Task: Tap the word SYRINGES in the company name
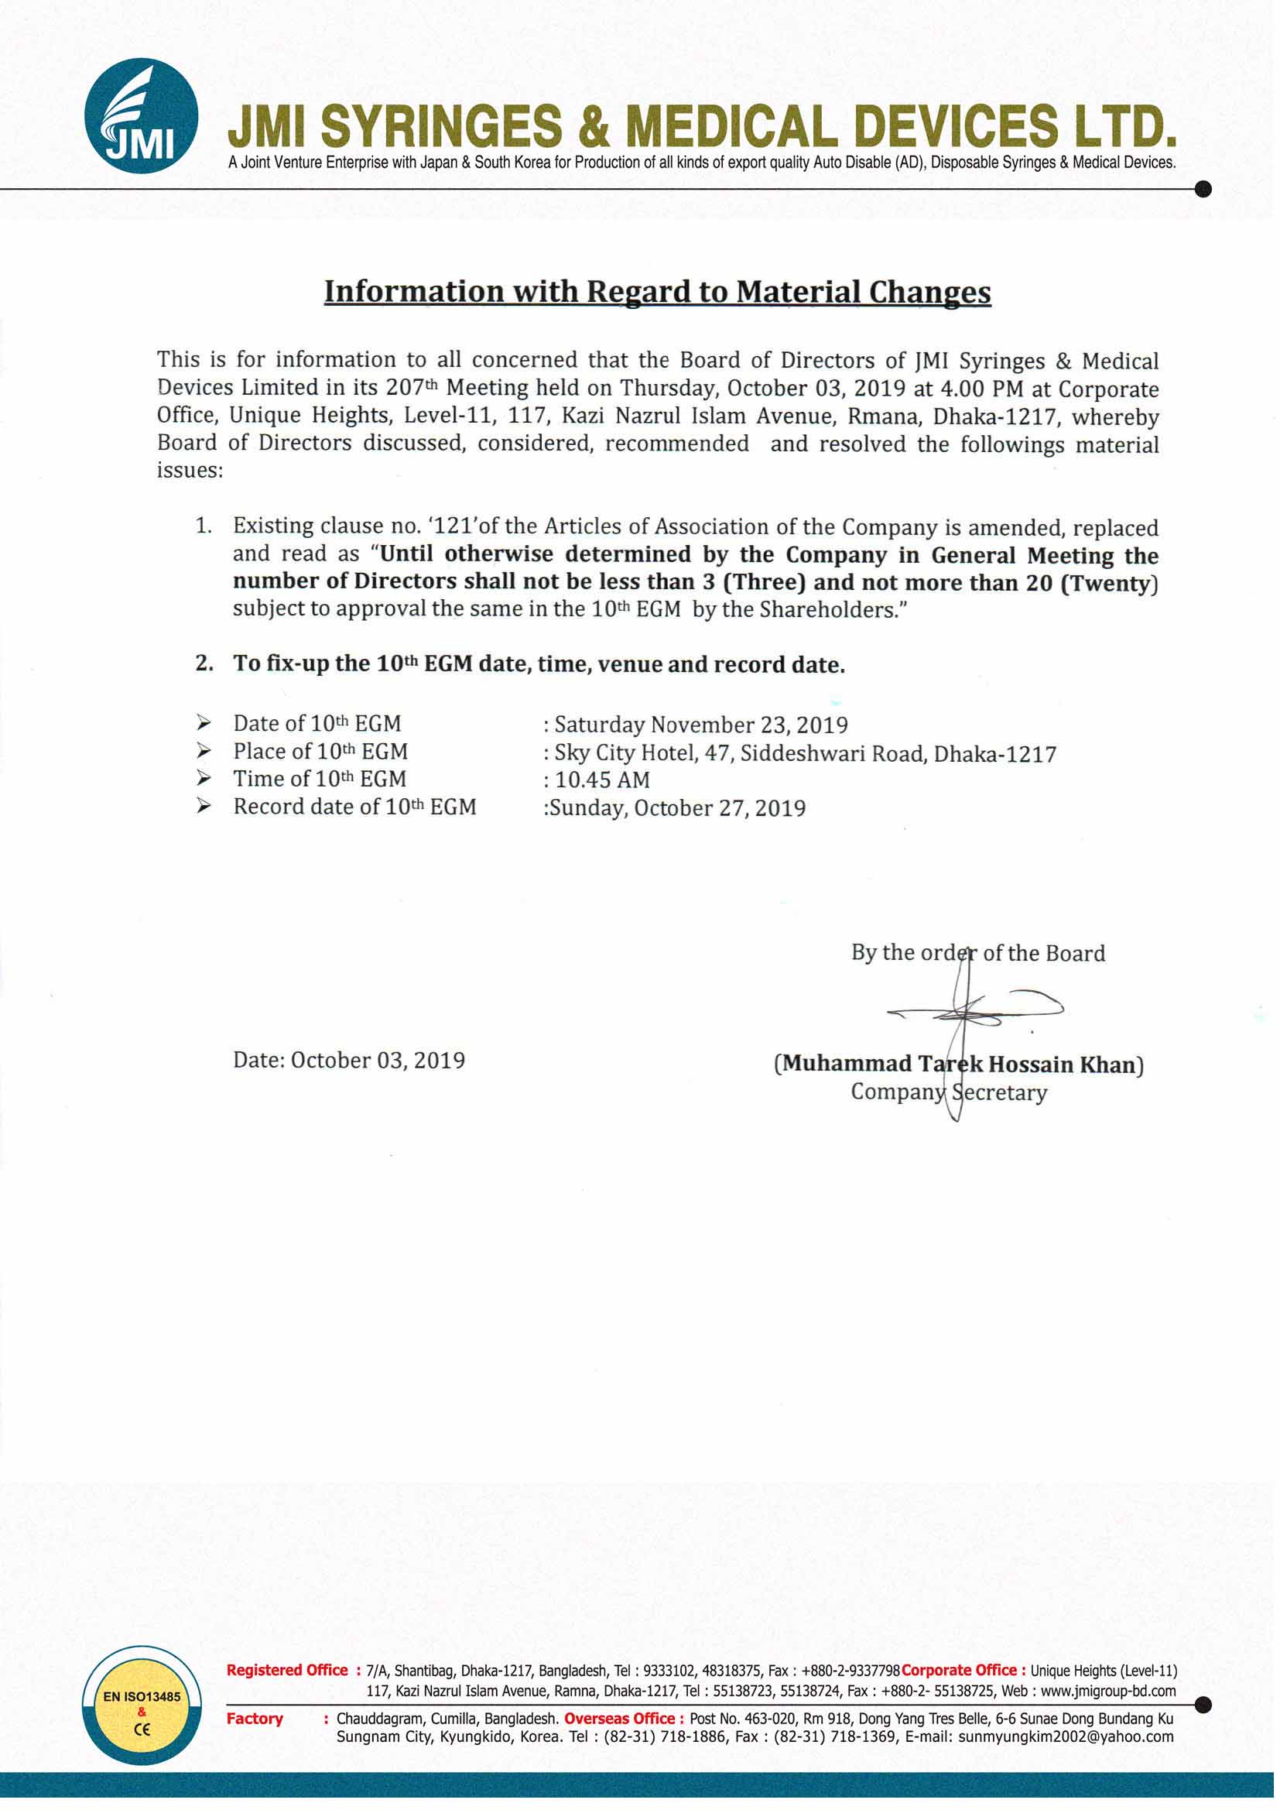coord(441,126)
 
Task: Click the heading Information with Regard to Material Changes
coord(656,292)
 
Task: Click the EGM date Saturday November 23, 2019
coord(700,725)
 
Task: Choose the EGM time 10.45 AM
coord(602,780)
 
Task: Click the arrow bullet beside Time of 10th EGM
coord(204,779)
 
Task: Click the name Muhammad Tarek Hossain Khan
coord(958,1064)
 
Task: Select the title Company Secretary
coord(949,1092)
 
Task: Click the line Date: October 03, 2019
coord(348,1061)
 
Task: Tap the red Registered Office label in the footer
coord(287,1670)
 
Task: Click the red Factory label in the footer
coord(255,1719)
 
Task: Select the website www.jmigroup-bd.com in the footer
coord(1108,1691)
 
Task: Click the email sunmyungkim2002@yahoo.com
coord(1066,1736)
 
